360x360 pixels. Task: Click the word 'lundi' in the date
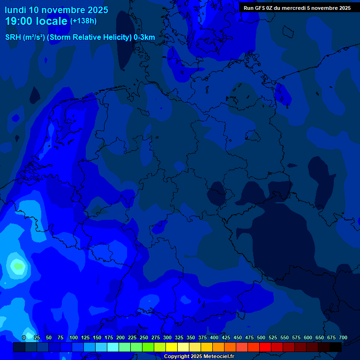15,10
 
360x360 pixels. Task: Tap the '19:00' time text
19,21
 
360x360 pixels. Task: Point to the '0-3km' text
144,37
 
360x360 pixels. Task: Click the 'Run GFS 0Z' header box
297,8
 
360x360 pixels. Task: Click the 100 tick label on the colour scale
74,338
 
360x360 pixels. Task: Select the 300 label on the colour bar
167,338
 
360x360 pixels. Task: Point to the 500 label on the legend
261,338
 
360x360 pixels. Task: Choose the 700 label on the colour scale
343,338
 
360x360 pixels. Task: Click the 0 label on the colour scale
24,338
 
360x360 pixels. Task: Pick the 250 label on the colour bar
144,338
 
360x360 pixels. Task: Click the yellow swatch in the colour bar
172,347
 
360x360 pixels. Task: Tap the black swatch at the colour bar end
336,347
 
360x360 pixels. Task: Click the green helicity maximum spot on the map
18,266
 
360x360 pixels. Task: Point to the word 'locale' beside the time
52,21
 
